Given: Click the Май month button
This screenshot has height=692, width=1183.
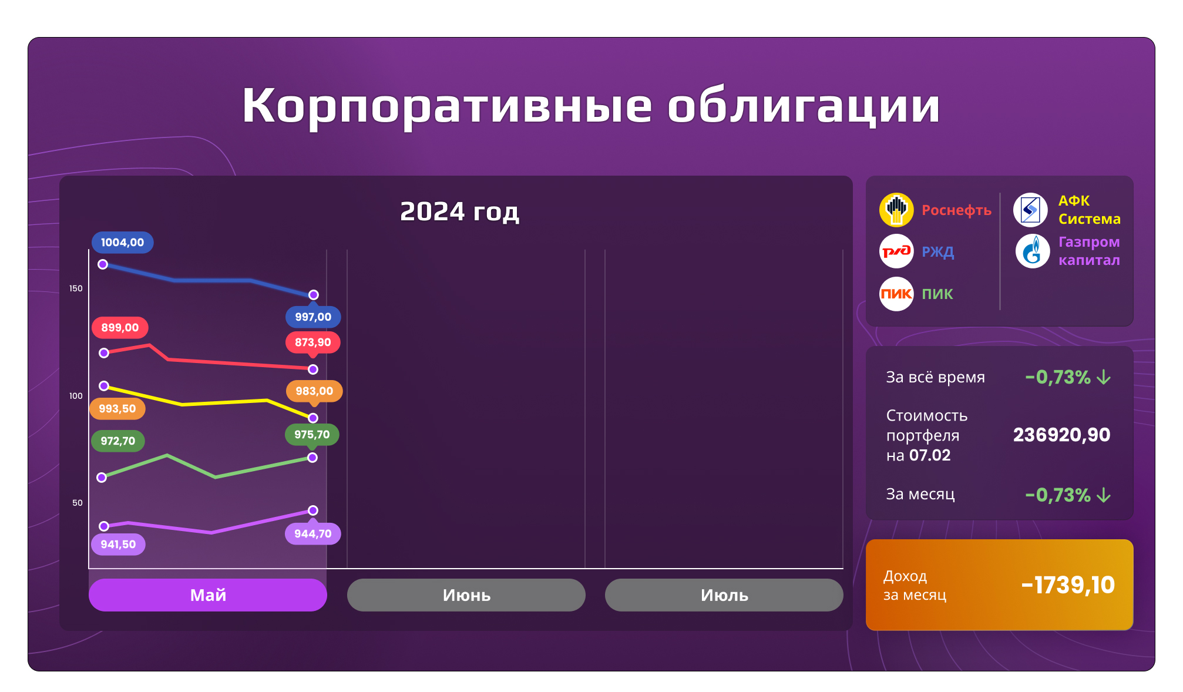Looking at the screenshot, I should pyautogui.click(x=207, y=595).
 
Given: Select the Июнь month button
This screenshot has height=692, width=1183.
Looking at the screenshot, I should pyautogui.click(x=466, y=595).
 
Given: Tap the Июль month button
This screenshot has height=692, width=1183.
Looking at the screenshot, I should pyautogui.click(x=724, y=595).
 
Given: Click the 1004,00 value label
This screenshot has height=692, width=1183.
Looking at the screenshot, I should pyautogui.click(x=122, y=243).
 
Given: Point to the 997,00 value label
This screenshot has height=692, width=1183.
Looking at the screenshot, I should pyautogui.click(x=313, y=317).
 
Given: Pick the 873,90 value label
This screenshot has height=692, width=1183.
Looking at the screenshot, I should pyautogui.click(x=312, y=342).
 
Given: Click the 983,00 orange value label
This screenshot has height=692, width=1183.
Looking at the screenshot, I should pyautogui.click(x=314, y=391).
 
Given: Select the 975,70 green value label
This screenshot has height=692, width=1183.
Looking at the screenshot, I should pyautogui.click(x=312, y=435).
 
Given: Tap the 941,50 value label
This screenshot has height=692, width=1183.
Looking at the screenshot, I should pyautogui.click(x=118, y=545).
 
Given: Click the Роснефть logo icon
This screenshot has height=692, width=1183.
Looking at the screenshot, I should pyautogui.click(x=896, y=210).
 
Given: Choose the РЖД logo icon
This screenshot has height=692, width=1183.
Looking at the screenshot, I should pyautogui.click(x=896, y=251).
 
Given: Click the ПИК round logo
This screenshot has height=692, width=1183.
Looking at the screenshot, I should pyautogui.click(x=896, y=294).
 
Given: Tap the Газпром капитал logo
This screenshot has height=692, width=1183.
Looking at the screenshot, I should pyautogui.click(x=1032, y=251).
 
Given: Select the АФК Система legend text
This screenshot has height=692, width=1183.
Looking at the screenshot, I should pyautogui.click(x=1089, y=210).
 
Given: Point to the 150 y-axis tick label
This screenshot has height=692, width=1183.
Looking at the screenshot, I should pyautogui.click(x=76, y=288).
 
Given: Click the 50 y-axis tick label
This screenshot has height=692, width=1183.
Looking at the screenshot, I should pyautogui.click(x=78, y=503).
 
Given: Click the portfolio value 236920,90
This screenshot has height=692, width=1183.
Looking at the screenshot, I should pyautogui.click(x=1061, y=435).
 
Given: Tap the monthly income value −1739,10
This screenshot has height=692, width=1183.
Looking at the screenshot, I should pyautogui.click(x=1068, y=585).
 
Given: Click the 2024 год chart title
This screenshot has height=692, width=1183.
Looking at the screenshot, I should pyautogui.click(x=459, y=211).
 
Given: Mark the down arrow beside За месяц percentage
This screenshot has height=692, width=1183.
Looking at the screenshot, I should pyautogui.click(x=1104, y=495).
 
